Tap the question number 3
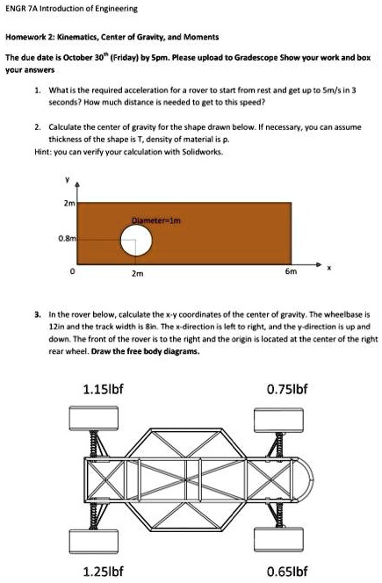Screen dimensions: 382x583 pos(37,313)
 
